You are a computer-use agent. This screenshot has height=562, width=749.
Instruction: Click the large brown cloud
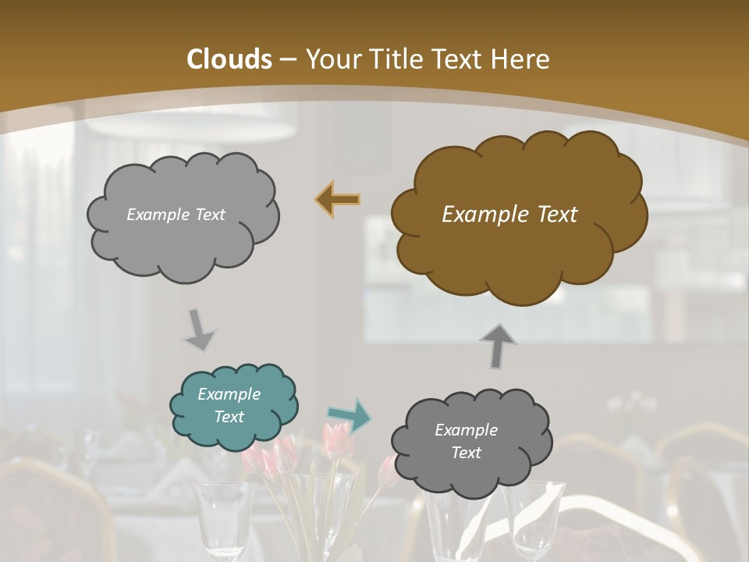point(518,215)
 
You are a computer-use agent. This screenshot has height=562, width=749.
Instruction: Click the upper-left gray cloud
point(183,215)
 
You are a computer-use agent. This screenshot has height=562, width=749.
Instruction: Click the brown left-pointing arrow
point(337,200)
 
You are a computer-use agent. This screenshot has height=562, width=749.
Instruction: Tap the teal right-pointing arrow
point(350,415)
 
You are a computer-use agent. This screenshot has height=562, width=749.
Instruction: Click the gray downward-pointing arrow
point(200,330)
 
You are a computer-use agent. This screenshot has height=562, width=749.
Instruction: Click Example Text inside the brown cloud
point(509,215)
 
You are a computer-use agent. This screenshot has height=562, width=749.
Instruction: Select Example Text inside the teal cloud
point(229,406)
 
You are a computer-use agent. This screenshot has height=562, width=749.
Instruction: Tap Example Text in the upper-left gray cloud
point(176,215)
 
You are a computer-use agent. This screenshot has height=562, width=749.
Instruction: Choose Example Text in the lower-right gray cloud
point(467,441)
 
